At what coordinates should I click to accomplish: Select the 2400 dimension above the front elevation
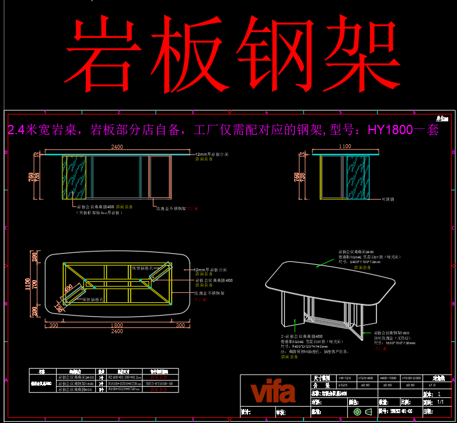tap(117, 147)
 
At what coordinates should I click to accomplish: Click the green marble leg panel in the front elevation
tap(74, 177)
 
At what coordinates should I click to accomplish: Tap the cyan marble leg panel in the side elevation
tap(358, 177)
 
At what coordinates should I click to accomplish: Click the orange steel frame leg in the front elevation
tap(159, 177)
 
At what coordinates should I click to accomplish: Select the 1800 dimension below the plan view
tap(117, 325)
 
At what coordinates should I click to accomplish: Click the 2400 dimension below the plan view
tap(117, 331)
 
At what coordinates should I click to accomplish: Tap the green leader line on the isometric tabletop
tap(327, 261)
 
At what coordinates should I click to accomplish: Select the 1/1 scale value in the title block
tap(440, 402)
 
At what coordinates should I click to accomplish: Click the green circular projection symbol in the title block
tap(357, 412)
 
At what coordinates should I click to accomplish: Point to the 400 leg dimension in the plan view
tap(69, 290)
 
